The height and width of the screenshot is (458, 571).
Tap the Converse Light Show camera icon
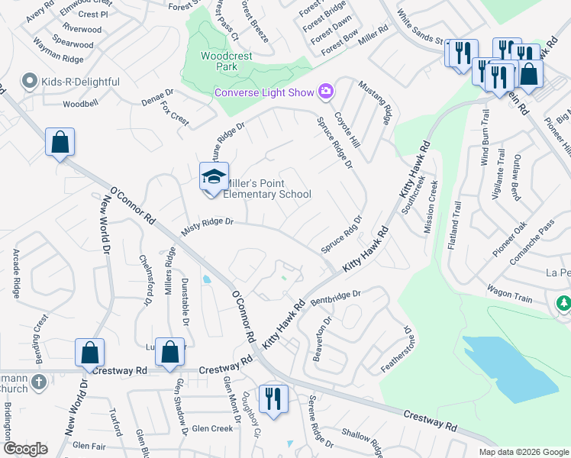click(326, 92)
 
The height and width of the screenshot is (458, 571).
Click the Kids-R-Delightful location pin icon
click(31, 81)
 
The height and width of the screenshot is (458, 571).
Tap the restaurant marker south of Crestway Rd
click(273, 398)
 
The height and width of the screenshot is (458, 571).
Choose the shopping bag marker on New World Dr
click(89, 352)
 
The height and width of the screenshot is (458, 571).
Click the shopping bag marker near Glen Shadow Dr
click(170, 352)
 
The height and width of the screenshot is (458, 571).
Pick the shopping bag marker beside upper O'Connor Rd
click(60, 142)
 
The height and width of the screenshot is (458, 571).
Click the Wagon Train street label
click(509, 294)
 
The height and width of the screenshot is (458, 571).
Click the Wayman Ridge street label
click(68, 58)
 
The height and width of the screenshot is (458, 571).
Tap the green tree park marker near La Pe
click(564, 304)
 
